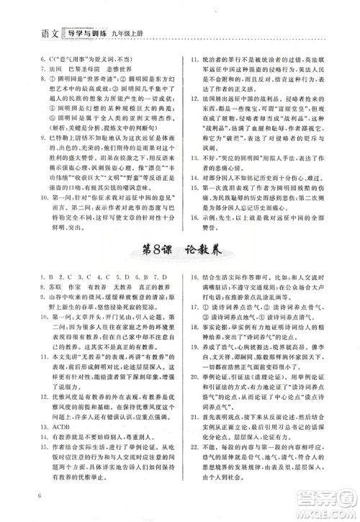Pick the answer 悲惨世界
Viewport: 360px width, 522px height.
click(x=127, y=64)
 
